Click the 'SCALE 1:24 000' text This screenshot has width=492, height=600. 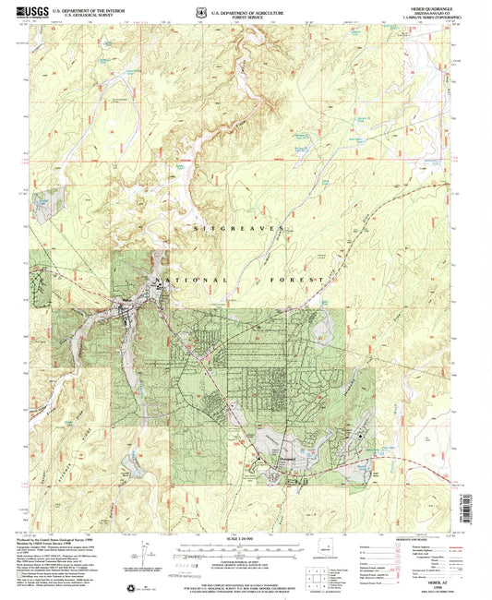[246, 538]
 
